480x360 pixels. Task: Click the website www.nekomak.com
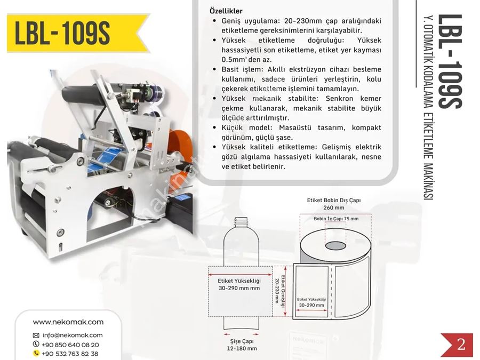[68, 322]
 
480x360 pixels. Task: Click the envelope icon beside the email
[36, 335]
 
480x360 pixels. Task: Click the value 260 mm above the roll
[334, 208]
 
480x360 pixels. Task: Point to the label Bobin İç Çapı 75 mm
[336, 219]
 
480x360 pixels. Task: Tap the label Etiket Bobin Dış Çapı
[334, 200]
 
